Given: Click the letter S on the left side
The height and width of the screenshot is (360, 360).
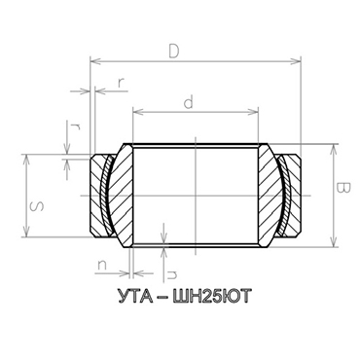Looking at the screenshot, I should (x=35, y=205).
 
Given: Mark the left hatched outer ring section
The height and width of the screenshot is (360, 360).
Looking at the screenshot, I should (x=97, y=195).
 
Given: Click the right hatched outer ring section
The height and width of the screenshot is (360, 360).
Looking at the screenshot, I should (x=292, y=195).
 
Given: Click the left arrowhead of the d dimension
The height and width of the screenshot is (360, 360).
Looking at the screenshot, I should (x=136, y=109).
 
